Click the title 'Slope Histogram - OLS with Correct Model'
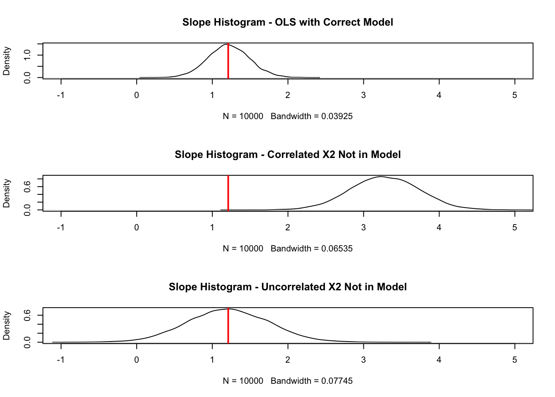click(x=287, y=22)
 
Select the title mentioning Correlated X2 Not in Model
click(x=287, y=155)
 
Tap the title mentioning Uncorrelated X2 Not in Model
click(x=287, y=287)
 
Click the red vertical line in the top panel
click(x=228, y=62)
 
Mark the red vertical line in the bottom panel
click(x=228, y=327)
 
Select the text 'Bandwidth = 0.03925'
click(x=312, y=116)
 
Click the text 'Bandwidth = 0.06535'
click(x=312, y=249)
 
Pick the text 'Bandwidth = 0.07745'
click(x=312, y=381)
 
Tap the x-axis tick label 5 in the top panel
click(x=515, y=95)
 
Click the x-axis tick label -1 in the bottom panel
click(x=61, y=360)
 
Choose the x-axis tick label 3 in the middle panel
click(x=363, y=227)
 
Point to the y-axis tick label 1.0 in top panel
click(x=27, y=55)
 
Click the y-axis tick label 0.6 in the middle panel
click(x=27, y=187)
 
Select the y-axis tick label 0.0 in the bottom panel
click(x=27, y=342)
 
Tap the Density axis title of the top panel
click(x=7, y=61)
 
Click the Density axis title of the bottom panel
click(x=7, y=325)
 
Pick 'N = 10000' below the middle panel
click(x=243, y=249)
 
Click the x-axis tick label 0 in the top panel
click(x=137, y=95)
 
